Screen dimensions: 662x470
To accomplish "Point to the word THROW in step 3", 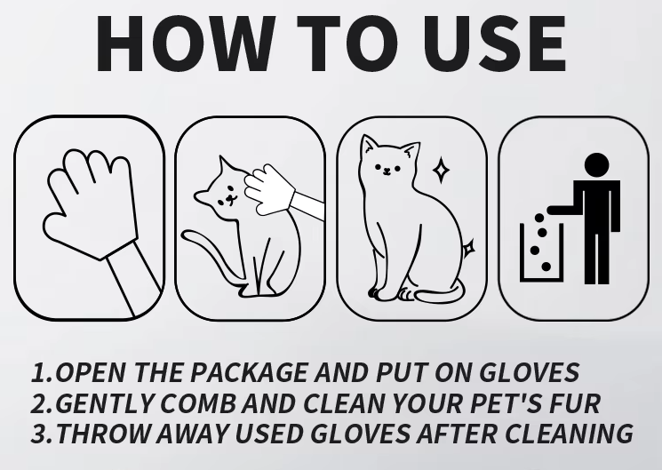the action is (103, 434).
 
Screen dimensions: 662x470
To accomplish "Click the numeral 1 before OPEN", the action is (40, 373).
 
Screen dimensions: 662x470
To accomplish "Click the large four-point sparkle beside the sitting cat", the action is (441, 171).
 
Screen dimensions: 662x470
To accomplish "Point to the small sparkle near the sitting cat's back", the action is (468, 249).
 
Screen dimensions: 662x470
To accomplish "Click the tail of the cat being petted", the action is (209, 252).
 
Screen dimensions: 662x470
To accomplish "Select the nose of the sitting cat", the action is (387, 171).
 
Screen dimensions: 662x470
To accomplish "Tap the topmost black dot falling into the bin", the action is (539, 218).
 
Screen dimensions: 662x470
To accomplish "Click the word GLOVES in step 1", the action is (530, 372).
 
